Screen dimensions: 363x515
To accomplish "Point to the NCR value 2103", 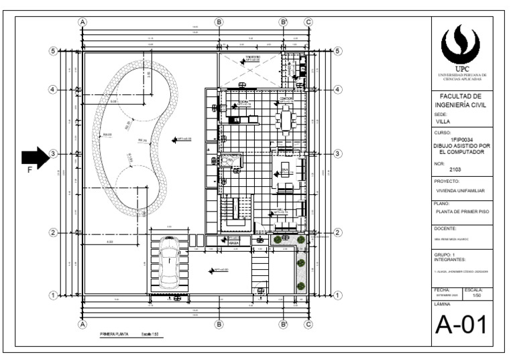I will [x=455, y=169].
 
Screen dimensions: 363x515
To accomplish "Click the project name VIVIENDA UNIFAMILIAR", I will [x=460, y=190].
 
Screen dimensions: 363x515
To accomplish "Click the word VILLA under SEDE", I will [x=443, y=122].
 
